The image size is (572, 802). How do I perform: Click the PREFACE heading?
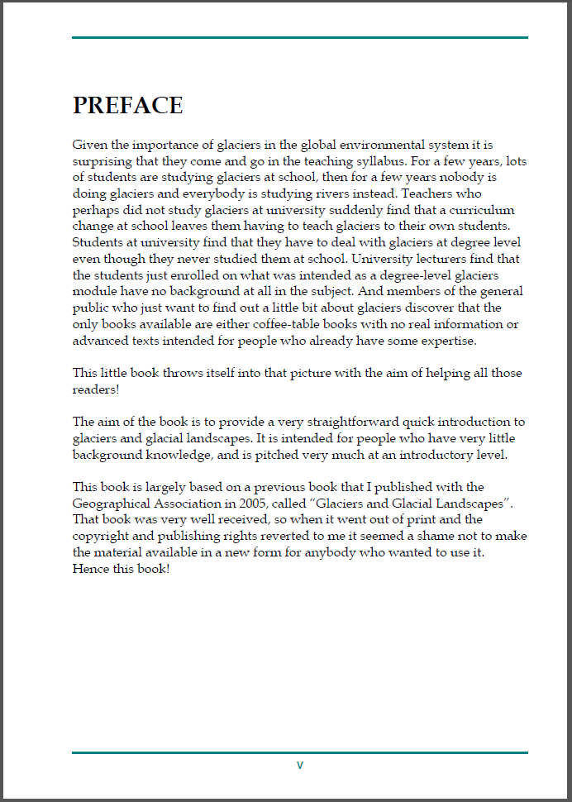pyautogui.click(x=127, y=105)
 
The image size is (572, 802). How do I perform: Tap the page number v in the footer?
pyautogui.click(x=300, y=765)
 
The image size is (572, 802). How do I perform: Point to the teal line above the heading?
pyautogui.click(x=299, y=37)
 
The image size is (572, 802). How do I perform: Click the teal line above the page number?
pyautogui.click(x=299, y=752)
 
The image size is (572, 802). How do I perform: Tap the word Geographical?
pyautogui.click(x=110, y=503)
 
